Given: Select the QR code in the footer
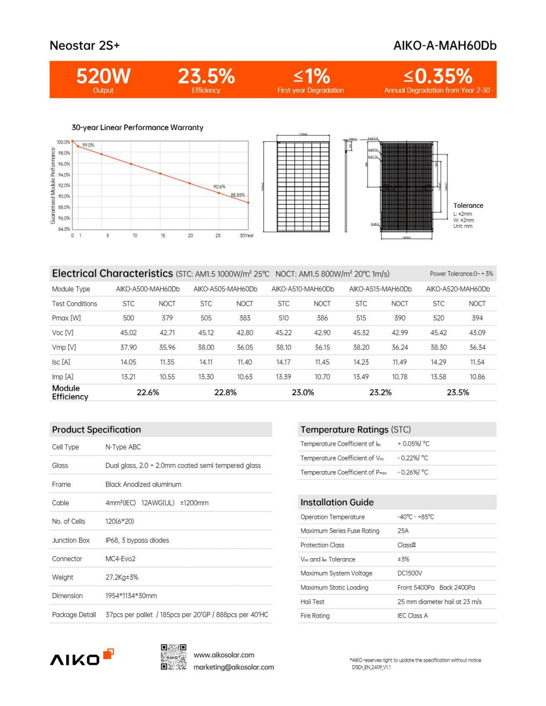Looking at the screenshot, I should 173,657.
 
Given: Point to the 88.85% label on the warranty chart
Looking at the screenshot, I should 238,195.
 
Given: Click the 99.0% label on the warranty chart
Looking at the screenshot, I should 88,145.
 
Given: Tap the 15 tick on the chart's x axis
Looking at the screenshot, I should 163,236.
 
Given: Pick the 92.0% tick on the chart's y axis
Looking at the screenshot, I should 64,185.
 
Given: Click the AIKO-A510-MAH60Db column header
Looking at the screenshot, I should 303,289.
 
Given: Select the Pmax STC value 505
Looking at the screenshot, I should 206,318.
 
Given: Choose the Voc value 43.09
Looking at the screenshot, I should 477,333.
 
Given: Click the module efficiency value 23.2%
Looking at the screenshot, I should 380,393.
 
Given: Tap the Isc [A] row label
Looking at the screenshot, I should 61,362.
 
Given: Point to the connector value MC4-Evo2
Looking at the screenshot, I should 120,559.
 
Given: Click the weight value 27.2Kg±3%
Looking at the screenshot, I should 122,577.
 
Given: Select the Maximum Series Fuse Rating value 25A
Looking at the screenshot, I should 403,531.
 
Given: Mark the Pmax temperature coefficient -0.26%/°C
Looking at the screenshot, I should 413,472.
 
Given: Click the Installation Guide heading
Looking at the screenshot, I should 337,503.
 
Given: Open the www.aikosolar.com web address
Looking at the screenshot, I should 224,655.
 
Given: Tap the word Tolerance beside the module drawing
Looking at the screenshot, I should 468,206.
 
